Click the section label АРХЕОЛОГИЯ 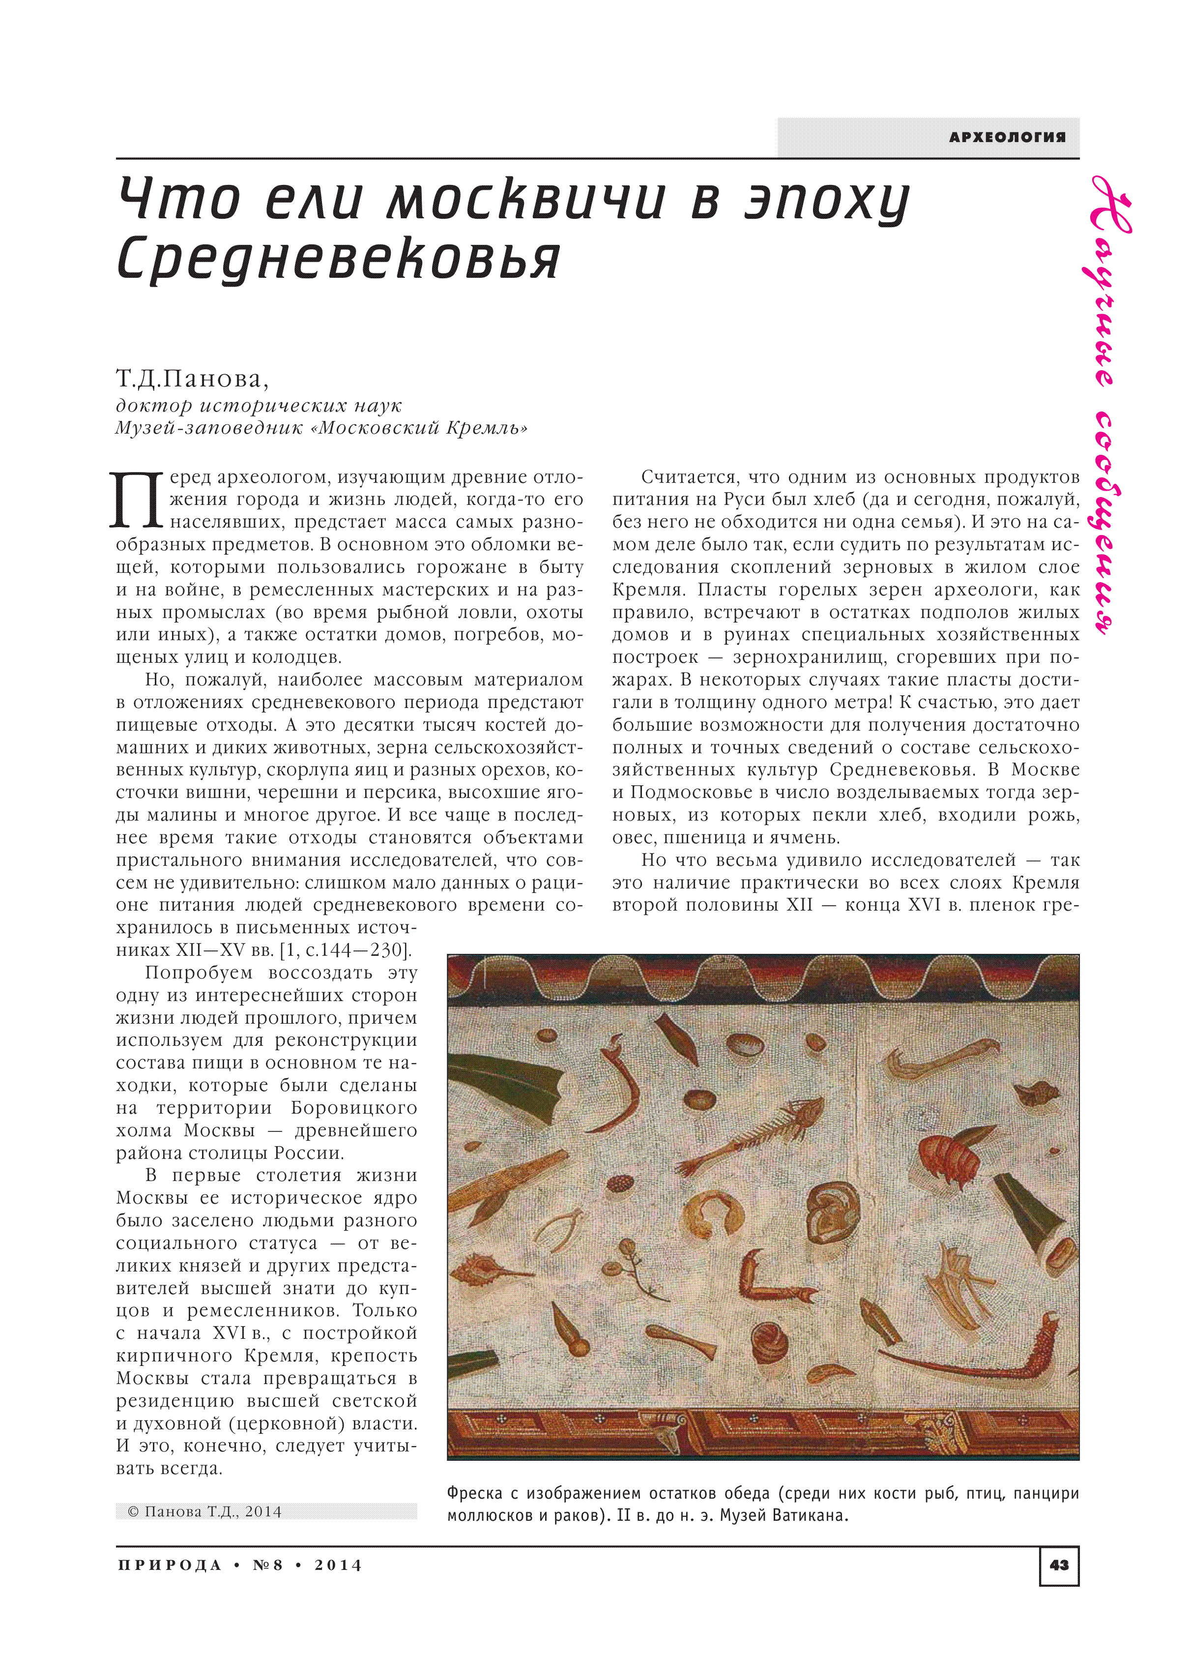pyautogui.click(x=1006, y=137)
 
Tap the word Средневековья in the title pyautogui.click(x=339, y=259)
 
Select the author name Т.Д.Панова pyautogui.click(x=192, y=379)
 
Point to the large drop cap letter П pyautogui.click(x=137, y=500)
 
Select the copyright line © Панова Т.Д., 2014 pyautogui.click(x=204, y=1511)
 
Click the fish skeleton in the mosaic pyautogui.click(x=752, y=1135)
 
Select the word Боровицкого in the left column pyautogui.click(x=354, y=1108)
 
